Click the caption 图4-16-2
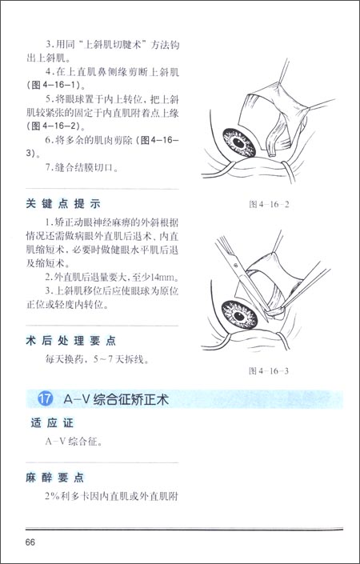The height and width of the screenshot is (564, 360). click(x=269, y=204)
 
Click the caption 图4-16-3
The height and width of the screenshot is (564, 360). click(x=269, y=371)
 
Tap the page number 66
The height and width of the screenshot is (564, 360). click(x=30, y=542)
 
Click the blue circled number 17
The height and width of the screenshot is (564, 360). click(x=46, y=400)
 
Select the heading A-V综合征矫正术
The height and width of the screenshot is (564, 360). click(x=116, y=400)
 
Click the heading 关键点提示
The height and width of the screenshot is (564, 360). click(x=63, y=204)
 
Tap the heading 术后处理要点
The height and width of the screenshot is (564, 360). click(x=71, y=341)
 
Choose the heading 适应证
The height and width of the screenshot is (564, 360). click(x=52, y=423)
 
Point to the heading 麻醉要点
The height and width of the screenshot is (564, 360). click(x=55, y=478)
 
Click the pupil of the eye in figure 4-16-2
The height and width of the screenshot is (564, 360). click(x=238, y=142)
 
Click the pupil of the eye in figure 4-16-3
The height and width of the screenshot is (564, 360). click(x=239, y=316)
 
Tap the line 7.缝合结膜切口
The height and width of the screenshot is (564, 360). click(x=82, y=168)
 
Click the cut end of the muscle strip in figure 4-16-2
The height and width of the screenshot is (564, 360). click(x=272, y=154)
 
